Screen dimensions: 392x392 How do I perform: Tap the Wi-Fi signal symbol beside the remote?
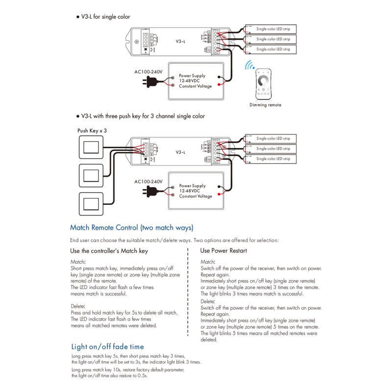[251, 67]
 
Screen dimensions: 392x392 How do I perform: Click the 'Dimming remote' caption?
[265, 105]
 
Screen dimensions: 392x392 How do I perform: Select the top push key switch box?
[91, 147]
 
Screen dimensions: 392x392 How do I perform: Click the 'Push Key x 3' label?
[92, 131]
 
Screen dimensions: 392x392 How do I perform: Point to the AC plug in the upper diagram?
[151, 82]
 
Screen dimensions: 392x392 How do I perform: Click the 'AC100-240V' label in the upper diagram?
[148, 72]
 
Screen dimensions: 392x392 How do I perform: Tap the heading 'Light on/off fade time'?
[107, 347]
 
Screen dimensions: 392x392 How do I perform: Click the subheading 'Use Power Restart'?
[223, 251]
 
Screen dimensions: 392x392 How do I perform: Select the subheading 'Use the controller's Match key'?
[109, 251]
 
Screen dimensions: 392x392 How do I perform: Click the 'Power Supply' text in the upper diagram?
[192, 76]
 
